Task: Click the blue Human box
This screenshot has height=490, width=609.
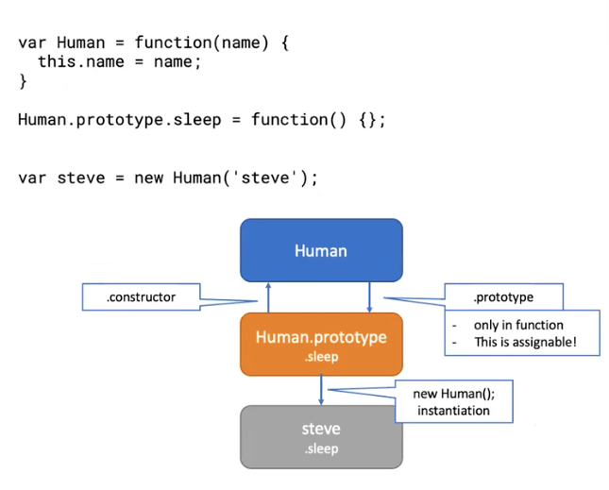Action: tap(321, 250)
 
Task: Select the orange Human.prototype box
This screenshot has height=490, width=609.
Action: tap(321, 345)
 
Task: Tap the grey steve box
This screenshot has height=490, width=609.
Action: tap(321, 436)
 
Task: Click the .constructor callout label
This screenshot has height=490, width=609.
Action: tap(142, 297)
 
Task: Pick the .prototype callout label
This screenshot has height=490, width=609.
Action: tap(503, 297)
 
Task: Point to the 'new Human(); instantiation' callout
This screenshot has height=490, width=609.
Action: tap(453, 403)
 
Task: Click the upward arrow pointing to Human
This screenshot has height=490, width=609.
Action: tap(268, 297)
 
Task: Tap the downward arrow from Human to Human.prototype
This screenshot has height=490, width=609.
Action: tap(369, 297)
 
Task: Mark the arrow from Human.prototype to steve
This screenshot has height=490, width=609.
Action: tap(321, 390)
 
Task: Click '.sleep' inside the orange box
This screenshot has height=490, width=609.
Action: tap(321, 358)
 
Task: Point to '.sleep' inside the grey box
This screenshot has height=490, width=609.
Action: tap(321, 448)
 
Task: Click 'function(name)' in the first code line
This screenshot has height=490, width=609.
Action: tap(197, 42)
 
